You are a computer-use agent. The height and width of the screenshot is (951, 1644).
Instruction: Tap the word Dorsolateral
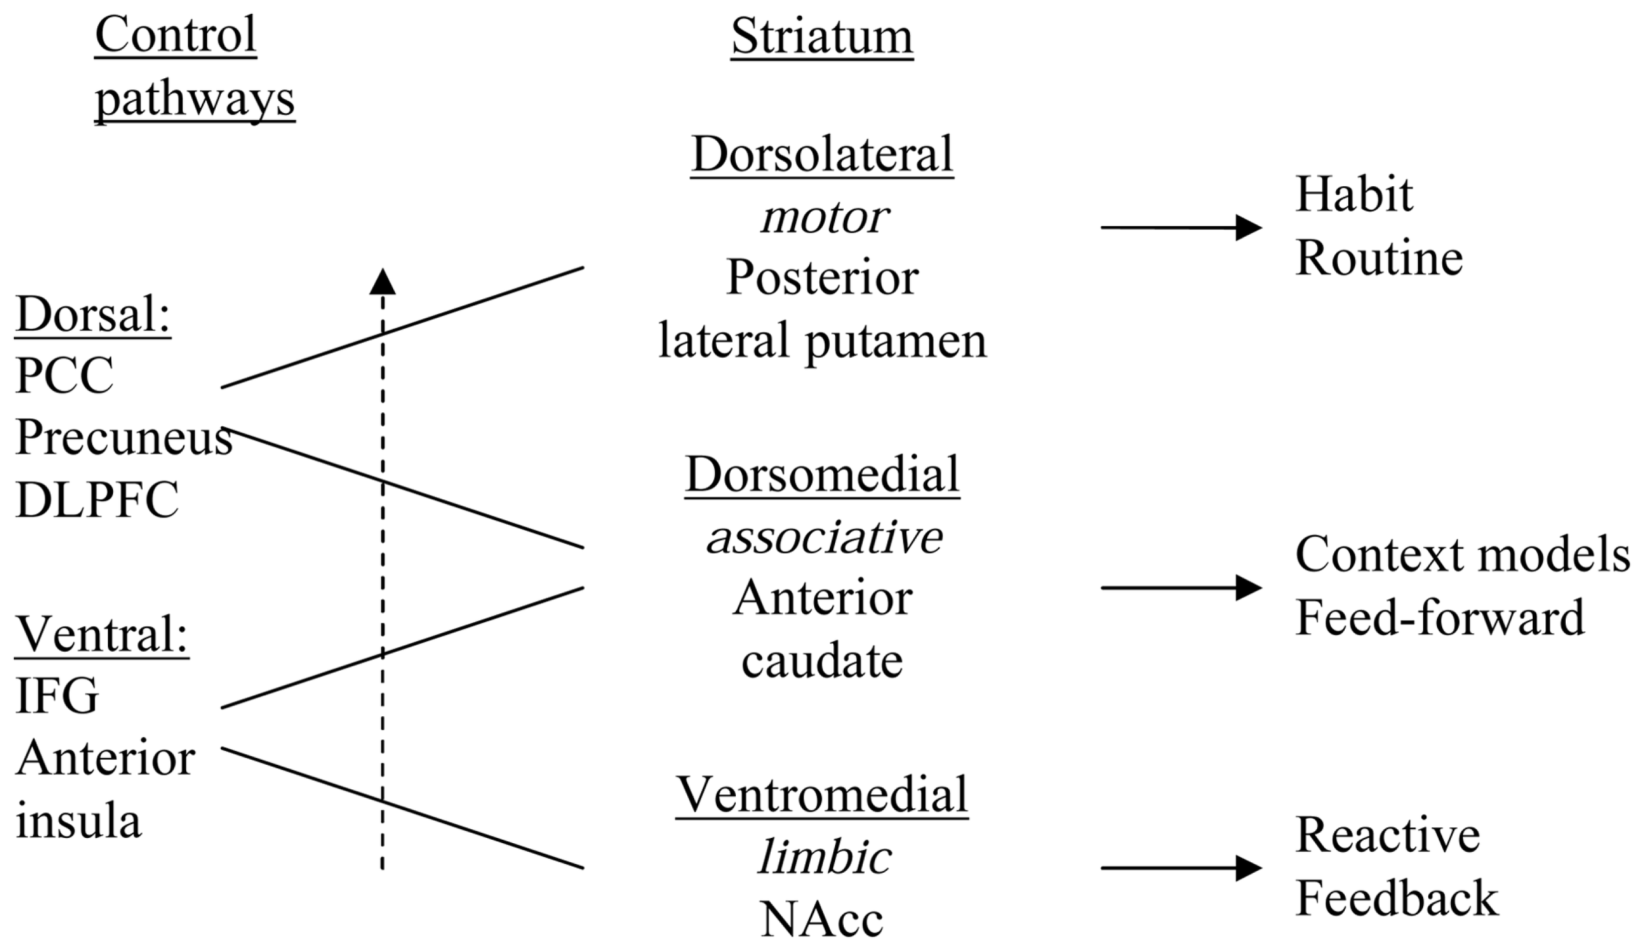coord(822,155)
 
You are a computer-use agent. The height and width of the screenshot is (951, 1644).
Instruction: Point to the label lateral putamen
coord(823,341)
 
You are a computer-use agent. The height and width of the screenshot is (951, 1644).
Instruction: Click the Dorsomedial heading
coord(822,475)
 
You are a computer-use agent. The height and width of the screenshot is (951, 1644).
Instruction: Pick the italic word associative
coord(824,537)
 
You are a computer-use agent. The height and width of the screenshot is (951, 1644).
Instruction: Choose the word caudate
coord(822,661)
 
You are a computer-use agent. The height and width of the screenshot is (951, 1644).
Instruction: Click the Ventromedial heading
coord(822,794)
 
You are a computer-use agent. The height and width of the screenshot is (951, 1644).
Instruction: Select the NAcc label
coord(822,919)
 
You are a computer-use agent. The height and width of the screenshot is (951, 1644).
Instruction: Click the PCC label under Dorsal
coord(64,376)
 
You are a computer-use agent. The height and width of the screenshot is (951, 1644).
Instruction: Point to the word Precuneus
coord(124,437)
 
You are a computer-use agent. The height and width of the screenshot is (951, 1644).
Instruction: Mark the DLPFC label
coord(97,500)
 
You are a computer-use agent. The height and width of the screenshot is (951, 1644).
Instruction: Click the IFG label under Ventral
coord(57,696)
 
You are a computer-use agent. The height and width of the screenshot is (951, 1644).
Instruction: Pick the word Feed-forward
coord(1439,618)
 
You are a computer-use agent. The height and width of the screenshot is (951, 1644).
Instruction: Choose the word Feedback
coord(1397,898)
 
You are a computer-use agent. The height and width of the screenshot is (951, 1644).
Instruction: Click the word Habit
coord(1354,195)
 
